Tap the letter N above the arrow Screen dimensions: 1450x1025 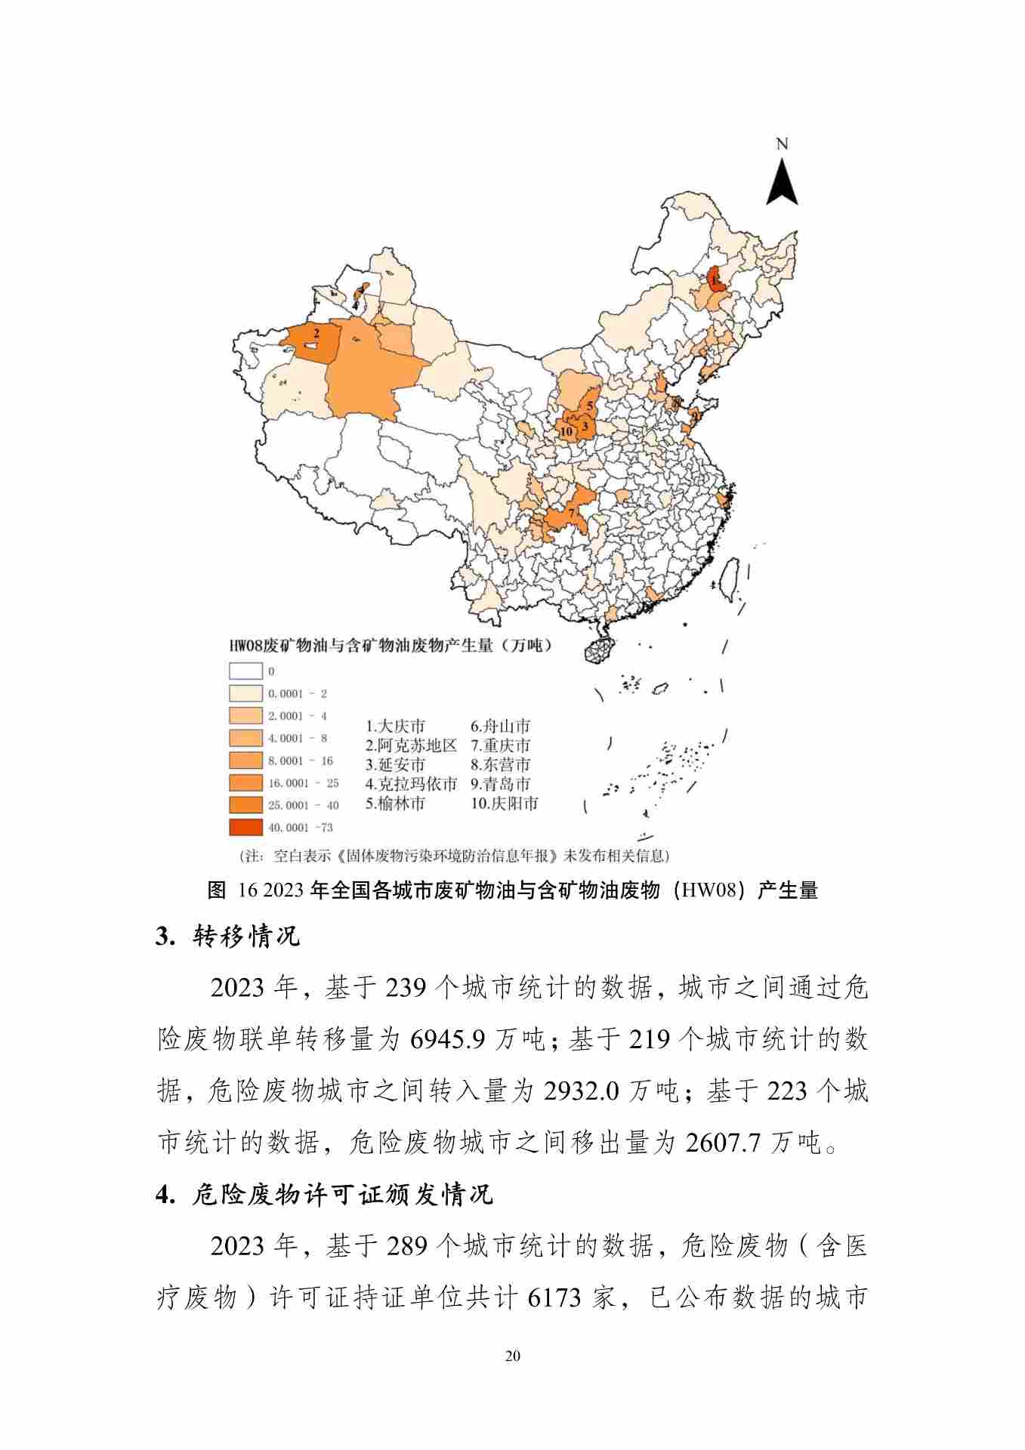(x=782, y=144)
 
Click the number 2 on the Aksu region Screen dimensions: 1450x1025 (x=316, y=332)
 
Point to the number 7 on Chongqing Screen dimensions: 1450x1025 (x=573, y=513)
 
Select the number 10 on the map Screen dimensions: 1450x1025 (x=566, y=432)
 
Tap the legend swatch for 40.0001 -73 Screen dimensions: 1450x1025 (x=245, y=827)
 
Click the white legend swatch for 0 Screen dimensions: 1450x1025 (x=245, y=671)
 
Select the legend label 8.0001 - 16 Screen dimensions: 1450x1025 (x=300, y=760)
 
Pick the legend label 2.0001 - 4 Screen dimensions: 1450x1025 (x=297, y=715)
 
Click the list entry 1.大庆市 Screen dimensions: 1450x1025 (x=395, y=727)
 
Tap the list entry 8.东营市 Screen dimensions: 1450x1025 (x=500, y=764)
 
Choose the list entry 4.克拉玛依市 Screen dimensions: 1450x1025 (x=411, y=784)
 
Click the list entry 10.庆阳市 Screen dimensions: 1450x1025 (x=504, y=804)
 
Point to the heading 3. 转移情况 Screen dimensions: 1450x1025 (x=227, y=936)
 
